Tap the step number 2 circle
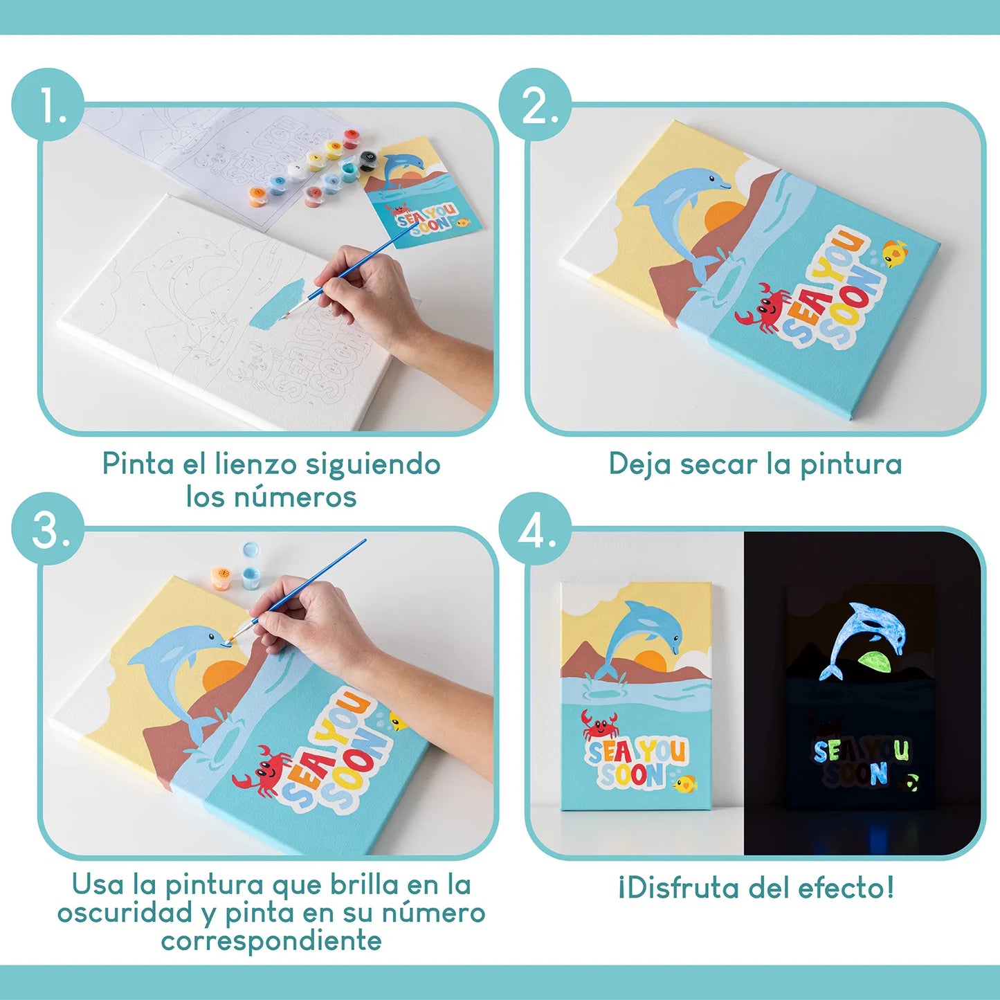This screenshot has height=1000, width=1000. pos(536,105)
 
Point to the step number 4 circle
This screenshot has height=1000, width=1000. pos(536,529)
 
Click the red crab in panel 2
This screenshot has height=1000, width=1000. pos(764,308)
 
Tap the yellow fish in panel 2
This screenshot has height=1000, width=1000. pos(895,253)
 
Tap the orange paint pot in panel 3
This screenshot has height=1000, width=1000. pos(222,577)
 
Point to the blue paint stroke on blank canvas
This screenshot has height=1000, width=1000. pos(275,304)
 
